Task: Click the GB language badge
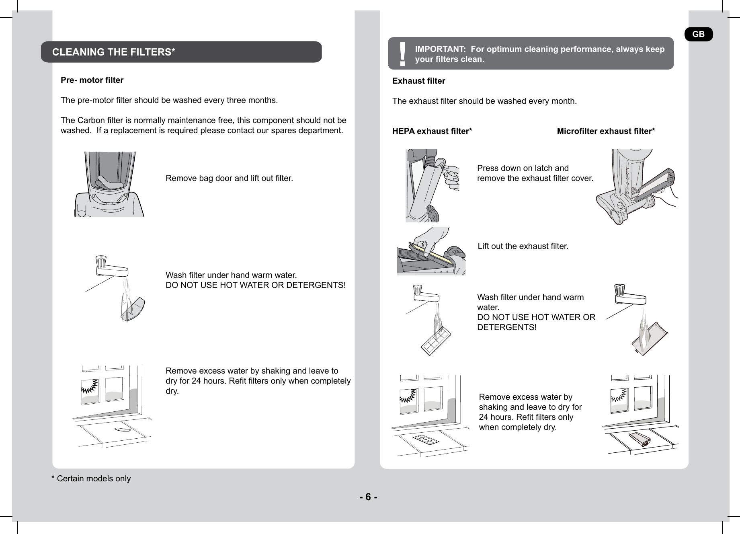coord(698,34)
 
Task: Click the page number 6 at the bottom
coord(368,497)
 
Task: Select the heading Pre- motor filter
coord(92,80)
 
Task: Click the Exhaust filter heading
coord(418,81)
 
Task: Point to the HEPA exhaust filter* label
coord(432,131)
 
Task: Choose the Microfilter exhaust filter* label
coord(606,131)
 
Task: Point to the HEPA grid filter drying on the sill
coord(426,440)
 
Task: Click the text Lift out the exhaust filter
coord(523,246)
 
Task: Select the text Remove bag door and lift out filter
coord(229,178)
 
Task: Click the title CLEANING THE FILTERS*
coord(114,52)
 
